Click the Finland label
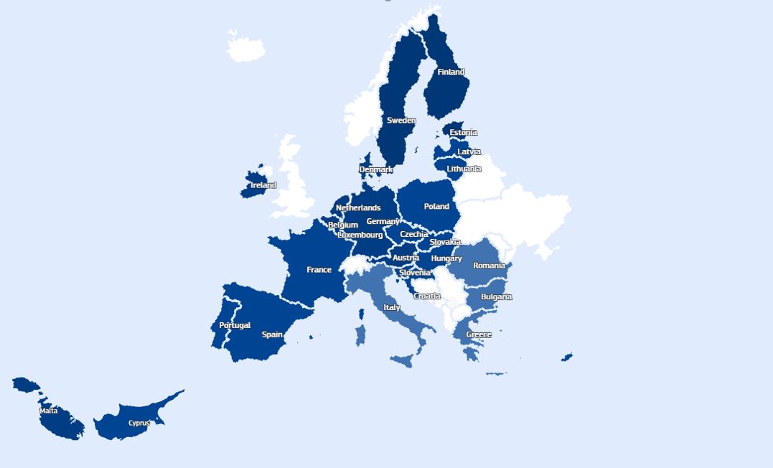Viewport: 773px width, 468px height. pyautogui.click(x=451, y=72)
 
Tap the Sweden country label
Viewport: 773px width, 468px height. pyautogui.click(x=401, y=121)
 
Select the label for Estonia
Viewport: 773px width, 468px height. pyautogui.click(x=463, y=133)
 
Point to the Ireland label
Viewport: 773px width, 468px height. pyautogui.click(x=263, y=185)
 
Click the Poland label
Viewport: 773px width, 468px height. pyautogui.click(x=436, y=207)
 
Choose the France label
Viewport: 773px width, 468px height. pyautogui.click(x=319, y=270)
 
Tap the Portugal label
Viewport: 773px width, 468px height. pyautogui.click(x=235, y=325)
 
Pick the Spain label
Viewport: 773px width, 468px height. pyautogui.click(x=272, y=334)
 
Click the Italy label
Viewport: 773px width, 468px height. pyautogui.click(x=392, y=307)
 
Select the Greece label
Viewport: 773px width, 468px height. pyautogui.click(x=479, y=334)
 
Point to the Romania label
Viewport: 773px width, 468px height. pyautogui.click(x=489, y=266)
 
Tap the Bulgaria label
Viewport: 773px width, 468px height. pyautogui.click(x=496, y=297)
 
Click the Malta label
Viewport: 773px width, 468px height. pyautogui.click(x=49, y=411)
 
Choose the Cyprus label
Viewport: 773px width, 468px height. pyautogui.click(x=139, y=423)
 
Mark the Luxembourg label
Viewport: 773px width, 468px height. pyautogui.click(x=360, y=235)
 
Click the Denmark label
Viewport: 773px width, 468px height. pyautogui.click(x=376, y=170)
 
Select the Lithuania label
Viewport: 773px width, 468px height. pyautogui.click(x=464, y=169)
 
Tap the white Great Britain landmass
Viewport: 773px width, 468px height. pyautogui.click(x=294, y=187)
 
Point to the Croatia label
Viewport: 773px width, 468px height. pyautogui.click(x=427, y=296)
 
